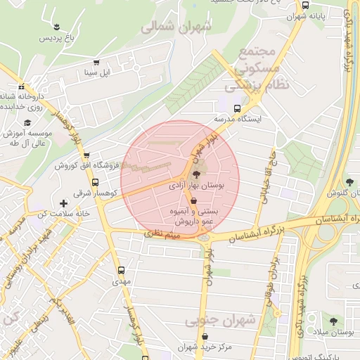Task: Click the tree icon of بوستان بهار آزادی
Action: [x=195, y=174]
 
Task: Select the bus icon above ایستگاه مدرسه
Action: [x=237, y=109]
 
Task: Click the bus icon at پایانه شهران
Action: [x=305, y=4]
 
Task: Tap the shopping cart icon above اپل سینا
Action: [x=96, y=62]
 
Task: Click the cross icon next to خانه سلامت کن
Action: [x=64, y=202]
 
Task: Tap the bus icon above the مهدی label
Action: [x=122, y=269]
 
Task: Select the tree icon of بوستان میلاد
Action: [x=333, y=320]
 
